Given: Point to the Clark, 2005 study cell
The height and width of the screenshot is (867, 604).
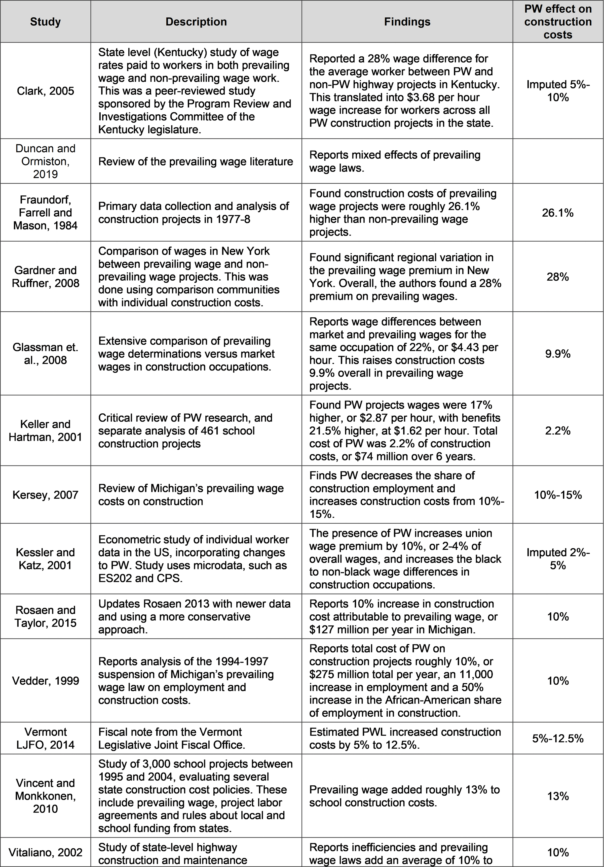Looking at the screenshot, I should tap(45, 91).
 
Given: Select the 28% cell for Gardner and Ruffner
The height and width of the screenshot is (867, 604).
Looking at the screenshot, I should tap(558, 277).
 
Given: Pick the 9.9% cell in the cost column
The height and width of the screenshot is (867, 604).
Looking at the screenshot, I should tap(558, 354).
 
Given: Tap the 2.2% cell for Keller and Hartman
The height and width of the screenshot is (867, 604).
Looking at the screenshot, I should tap(558, 430).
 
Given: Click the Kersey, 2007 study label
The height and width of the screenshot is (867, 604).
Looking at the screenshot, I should tap(45, 495).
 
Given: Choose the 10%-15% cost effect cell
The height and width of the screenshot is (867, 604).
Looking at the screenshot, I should tap(558, 495).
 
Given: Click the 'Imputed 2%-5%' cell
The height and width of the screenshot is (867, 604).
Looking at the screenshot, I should tap(558, 559).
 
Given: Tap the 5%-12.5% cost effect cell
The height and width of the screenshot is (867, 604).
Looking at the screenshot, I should tap(558, 738).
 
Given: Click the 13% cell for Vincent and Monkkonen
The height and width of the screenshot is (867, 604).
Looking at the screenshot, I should tap(558, 796).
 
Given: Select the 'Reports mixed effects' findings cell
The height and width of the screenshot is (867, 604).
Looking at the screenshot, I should tap(395, 161).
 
